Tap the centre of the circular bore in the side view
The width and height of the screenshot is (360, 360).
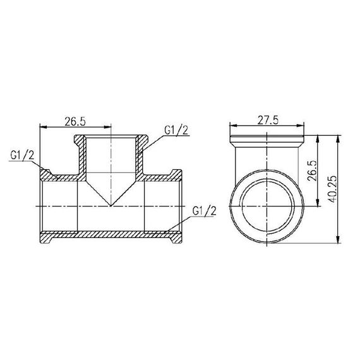click(267, 207)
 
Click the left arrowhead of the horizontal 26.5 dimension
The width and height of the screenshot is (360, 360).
click(42, 126)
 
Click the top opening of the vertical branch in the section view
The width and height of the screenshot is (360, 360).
click(111, 136)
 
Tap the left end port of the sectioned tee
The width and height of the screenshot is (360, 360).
click(41, 207)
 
